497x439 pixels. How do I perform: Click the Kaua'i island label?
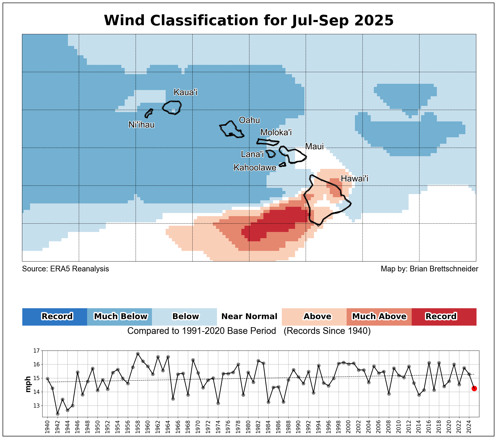coord(185,92)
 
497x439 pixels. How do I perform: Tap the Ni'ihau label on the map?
coord(142,125)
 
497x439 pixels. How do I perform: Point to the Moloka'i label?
coord(276,132)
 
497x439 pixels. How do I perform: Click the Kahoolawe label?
coord(255,168)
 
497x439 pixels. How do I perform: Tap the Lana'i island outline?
coord(271,154)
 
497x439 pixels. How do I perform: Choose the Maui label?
coord(314,146)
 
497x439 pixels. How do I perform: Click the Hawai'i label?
coord(354,179)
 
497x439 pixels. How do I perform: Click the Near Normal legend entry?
coord(249,317)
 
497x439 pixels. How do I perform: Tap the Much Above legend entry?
coord(379,317)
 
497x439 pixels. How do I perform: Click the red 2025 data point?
coord(474,388)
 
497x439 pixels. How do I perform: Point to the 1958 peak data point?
coord(138,354)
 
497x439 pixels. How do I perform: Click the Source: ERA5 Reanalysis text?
coord(65,269)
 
